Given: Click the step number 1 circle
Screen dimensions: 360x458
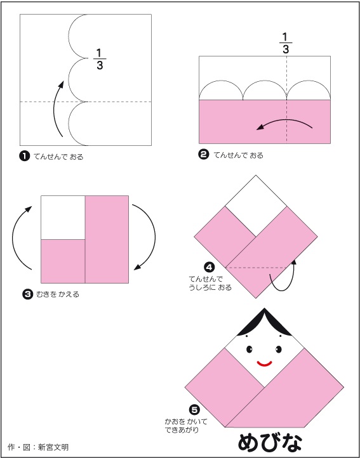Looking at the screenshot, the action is coord(25,157).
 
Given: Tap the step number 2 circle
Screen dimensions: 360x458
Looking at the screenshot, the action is coord(203,155).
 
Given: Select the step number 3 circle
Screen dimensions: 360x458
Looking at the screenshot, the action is coord(27,294).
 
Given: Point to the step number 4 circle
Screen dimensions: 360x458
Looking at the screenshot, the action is coord(210,267).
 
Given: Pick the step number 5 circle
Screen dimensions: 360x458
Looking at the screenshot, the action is coord(194,410).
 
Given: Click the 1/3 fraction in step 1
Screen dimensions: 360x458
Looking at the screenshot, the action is coord(100,59).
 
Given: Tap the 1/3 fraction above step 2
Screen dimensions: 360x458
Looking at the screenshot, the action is coord(286,44).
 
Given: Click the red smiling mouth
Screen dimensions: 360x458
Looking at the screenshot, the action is coord(264,363).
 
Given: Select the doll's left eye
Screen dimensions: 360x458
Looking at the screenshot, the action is coord(250,349).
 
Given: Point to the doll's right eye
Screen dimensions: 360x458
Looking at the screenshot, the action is coord(278,349).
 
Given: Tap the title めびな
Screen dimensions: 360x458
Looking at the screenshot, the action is coord(270,443).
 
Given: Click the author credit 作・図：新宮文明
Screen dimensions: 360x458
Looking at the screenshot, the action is coord(39,447).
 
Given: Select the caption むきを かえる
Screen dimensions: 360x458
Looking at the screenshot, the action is coord(58,294).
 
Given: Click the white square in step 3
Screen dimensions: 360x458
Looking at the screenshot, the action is coord(63,218).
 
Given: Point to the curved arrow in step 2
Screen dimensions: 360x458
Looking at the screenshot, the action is coord(284,121).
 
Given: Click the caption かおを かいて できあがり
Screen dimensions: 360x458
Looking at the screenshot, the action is coord(185,426).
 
